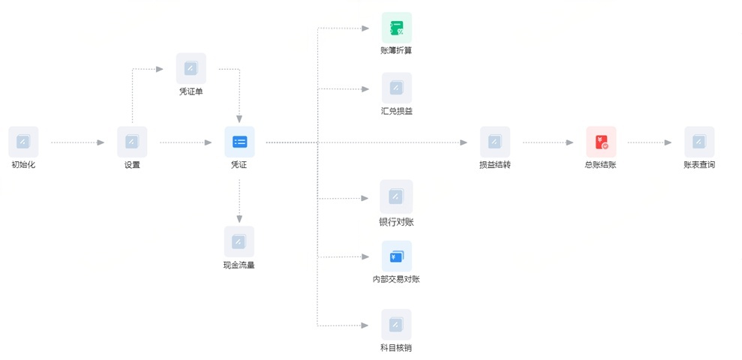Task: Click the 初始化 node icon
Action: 23,142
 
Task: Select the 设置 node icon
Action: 132,142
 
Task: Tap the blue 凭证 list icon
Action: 239,142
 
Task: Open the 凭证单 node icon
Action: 191,68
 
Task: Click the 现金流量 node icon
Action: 239,241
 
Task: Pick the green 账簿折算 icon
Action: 397,28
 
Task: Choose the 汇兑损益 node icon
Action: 397,88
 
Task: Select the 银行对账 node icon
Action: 396,196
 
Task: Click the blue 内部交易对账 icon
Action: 397,256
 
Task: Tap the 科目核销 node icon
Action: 396,325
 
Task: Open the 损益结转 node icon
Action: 495,142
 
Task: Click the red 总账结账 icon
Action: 601,142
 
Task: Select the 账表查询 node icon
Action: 699,142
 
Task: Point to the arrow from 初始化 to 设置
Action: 77,142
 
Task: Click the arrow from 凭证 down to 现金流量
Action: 239,201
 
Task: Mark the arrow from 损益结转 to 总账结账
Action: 548,142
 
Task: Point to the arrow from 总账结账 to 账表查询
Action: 650,142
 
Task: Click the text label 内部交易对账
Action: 396,279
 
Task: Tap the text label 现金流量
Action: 239,265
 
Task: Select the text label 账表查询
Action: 699,165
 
